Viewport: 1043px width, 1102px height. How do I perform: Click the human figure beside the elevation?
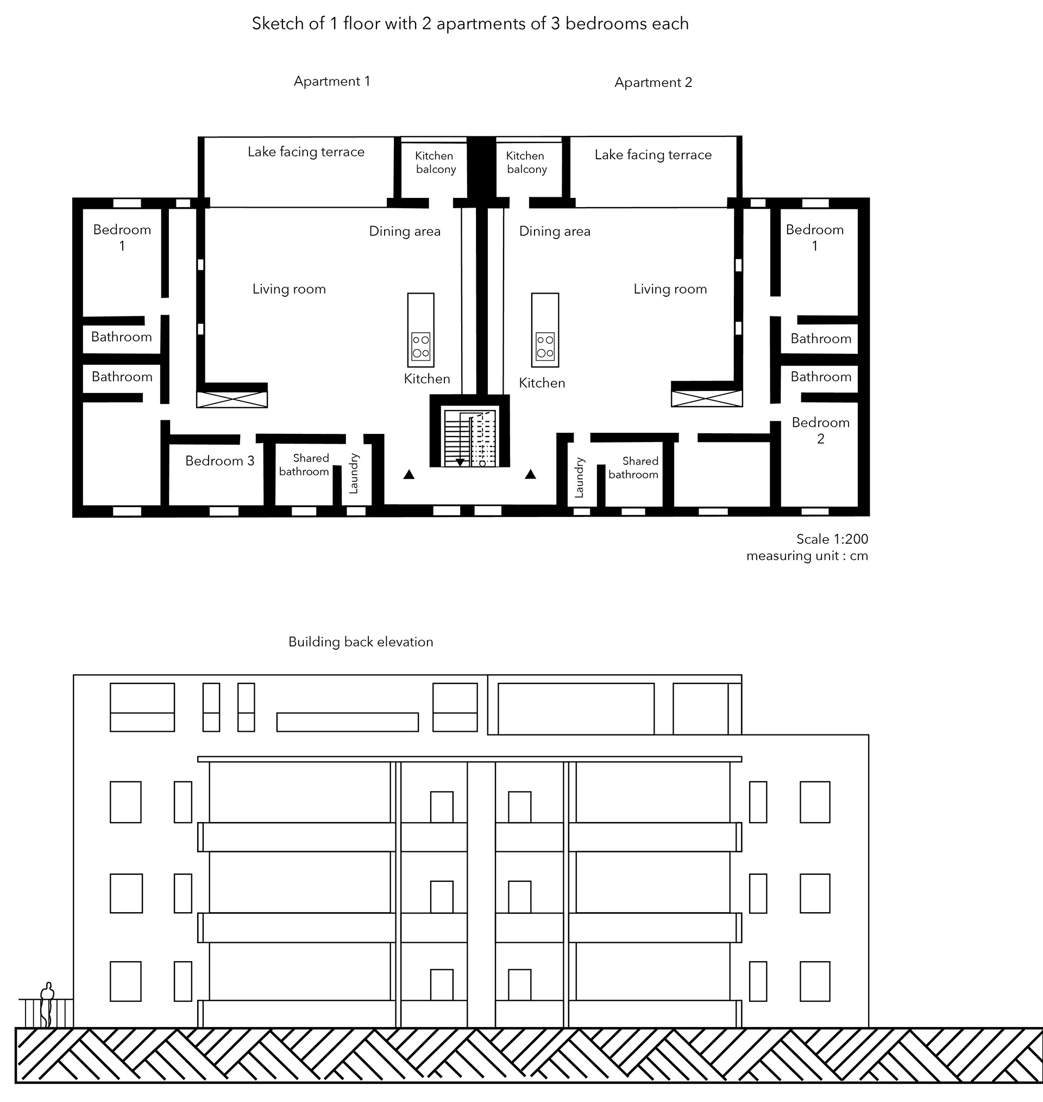click(48, 1005)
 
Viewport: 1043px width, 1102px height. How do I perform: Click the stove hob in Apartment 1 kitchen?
click(421, 346)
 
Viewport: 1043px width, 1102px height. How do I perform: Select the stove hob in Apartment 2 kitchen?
click(545, 346)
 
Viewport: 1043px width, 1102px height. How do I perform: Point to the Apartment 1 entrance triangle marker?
click(409, 474)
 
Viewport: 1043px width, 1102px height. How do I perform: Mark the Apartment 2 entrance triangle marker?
click(530, 474)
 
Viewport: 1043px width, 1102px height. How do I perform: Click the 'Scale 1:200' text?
click(832, 539)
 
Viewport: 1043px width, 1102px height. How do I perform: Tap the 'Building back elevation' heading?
click(361, 642)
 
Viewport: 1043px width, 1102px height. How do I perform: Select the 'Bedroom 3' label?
click(219, 460)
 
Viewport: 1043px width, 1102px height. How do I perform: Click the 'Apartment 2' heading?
click(654, 83)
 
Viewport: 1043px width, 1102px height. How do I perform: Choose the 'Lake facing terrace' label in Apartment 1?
click(306, 152)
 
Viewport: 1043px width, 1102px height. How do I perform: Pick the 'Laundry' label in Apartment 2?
click(579, 477)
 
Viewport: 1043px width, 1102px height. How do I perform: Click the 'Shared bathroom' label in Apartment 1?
click(304, 465)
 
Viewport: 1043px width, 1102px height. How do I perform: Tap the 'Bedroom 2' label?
click(821, 431)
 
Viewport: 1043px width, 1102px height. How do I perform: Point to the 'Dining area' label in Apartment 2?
click(555, 232)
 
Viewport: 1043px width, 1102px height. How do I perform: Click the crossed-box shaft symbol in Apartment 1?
click(232, 400)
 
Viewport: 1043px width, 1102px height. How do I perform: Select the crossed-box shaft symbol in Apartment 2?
click(707, 399)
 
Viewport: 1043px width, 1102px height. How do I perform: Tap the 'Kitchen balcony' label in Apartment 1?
click(435, 163)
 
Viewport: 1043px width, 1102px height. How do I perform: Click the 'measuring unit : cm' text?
click(807, 556)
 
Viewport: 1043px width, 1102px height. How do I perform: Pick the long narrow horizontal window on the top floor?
click(348, 722)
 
